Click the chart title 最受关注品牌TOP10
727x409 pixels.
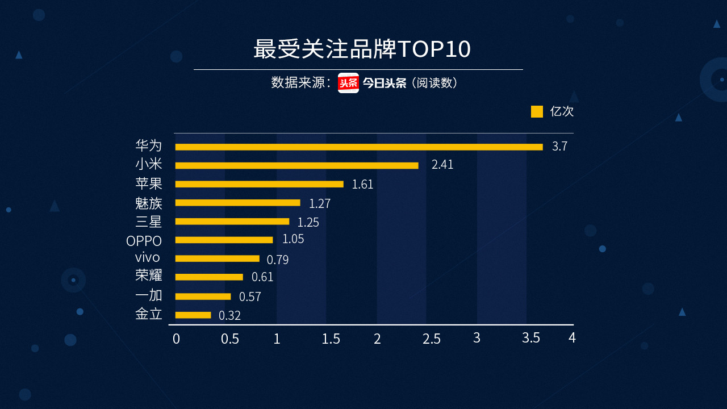(x=362, y=49)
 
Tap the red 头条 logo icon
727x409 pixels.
(x=348, y=83)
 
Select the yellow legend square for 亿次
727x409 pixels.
(x=537, y=111)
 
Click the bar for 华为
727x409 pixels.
(x=358, y=147)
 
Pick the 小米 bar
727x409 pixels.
(x=296, y=166)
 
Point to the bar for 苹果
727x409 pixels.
(x=259, y=184)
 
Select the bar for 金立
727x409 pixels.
(x=193, y=315)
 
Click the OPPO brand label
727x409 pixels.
(x=144, y=241)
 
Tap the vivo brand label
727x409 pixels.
(x=147, y=257)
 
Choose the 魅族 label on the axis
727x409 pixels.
(x=149, y=203)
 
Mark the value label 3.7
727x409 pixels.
(x=559, y=147)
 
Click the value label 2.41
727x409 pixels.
(x=442, y=165)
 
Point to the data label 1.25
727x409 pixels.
(x=308, y=222)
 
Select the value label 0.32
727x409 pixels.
(x=229, y=316)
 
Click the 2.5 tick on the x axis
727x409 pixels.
(x=431, y=339)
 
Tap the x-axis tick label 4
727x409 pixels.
(x=572, y=338)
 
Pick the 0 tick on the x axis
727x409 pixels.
(x=176, y=339)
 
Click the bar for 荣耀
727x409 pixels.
(x=208, y=277)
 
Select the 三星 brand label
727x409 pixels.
(x=149, y=222)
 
